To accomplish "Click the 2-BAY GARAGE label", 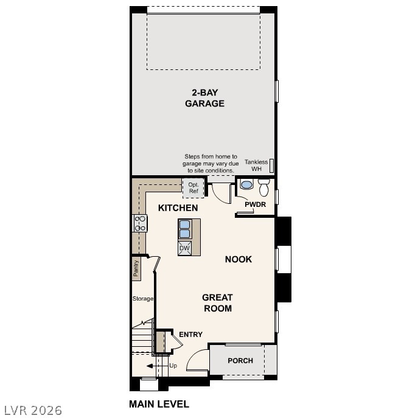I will click(205, 98).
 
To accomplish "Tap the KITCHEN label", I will click(178, 208).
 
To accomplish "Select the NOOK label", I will click(239, 259).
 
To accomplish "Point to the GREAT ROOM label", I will click(217, 303).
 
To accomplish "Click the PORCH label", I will click(240, 361).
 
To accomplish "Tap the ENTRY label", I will click(190, 335).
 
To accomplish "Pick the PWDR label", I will click(256, 204).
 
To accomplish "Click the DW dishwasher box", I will click(185, 248).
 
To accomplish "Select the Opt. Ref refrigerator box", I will click(193, 188).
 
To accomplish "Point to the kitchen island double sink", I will click(185, 229).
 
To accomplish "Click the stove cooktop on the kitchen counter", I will click(141, 223).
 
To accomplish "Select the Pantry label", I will click(137, 268).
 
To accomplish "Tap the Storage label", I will click(143, 299).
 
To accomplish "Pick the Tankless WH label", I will click(256, 165).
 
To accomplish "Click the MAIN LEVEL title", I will click(159, 404).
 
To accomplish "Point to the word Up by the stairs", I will click(173, 366).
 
